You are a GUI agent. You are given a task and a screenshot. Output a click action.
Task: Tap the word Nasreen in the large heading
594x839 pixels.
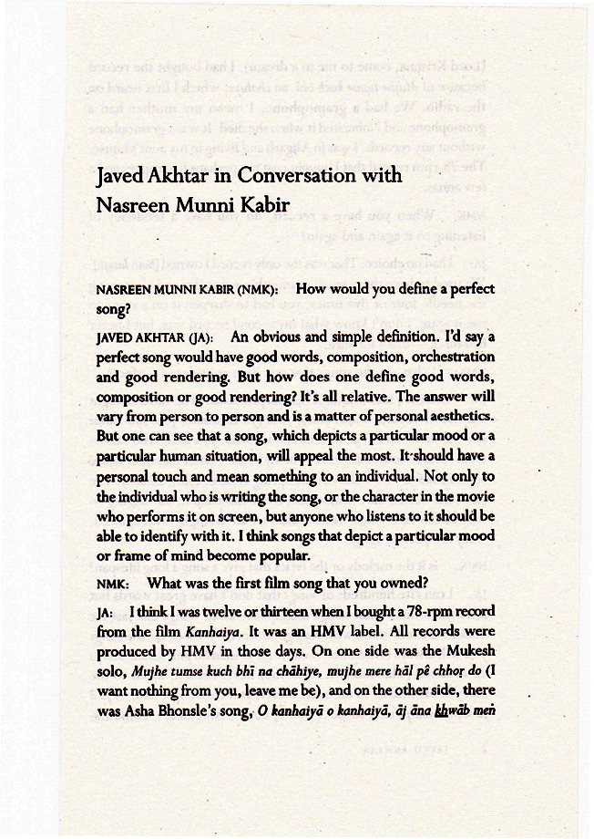pyautogui.click(x=135, y=206)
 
